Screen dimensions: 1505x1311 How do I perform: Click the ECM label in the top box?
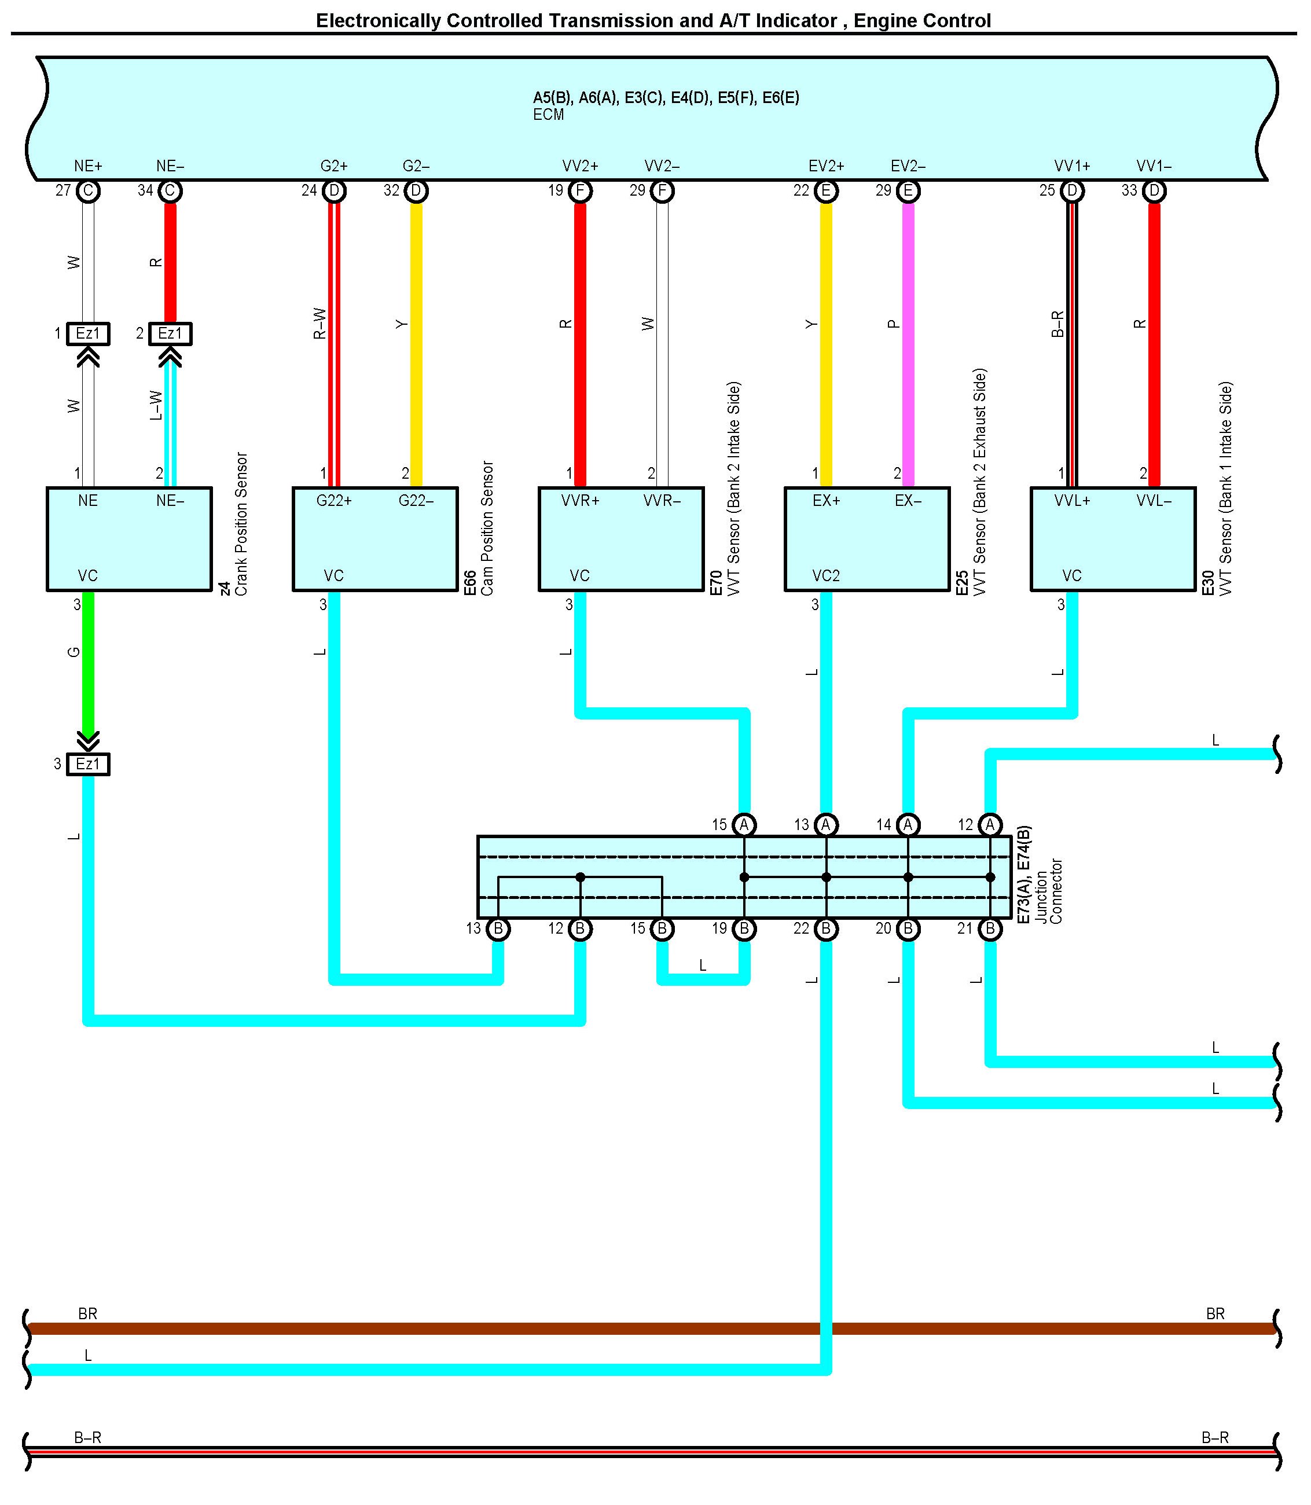[x=548, y=115]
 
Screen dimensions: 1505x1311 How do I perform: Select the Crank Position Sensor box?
[x=128, y=539]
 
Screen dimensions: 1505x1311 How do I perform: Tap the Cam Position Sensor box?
[x=374, y=539]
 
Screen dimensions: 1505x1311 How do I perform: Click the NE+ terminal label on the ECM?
[x=88, y=166]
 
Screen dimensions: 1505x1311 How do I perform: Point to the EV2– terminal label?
[x=908, y=166]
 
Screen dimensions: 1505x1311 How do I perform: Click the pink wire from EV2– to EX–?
[x=908, y=344]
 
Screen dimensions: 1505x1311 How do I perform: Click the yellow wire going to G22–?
[x=416, y=344]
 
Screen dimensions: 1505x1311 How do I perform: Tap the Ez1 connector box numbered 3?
[x=88, y=765]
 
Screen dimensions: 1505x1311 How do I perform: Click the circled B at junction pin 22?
[x=826, y=928]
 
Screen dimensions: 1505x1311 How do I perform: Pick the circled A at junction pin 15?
[x=744, y=825]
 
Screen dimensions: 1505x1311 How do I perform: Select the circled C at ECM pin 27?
[x=88, y=191]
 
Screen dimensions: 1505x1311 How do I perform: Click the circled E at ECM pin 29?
[x=908, y=191]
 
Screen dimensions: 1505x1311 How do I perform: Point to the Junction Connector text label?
[x=1048, y=891]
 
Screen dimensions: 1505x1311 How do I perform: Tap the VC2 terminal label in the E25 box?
[x=826, y=576]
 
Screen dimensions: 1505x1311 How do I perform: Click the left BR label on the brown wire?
[x=88, y=1314]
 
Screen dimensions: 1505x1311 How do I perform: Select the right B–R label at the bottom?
[x=1214, y=1438]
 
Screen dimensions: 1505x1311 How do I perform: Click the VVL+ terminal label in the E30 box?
[x=1072, y=501]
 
